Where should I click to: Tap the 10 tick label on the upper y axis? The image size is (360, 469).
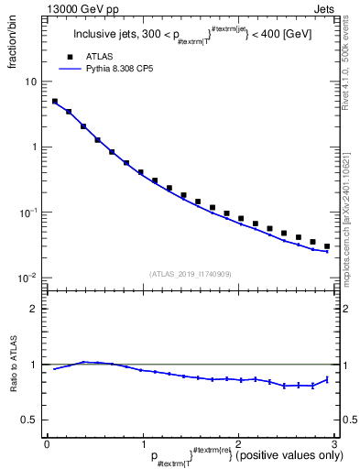tap(31, 82)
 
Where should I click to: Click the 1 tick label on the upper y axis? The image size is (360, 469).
tap(34, 147)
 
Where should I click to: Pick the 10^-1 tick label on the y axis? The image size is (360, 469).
tap(29, 213)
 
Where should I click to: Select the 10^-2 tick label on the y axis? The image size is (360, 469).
tap(29, 278)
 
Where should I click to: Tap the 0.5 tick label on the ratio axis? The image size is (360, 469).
tap(30, 420)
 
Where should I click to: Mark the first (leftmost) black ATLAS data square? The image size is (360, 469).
tap(55, 102)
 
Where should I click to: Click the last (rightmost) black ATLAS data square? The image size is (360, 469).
tap(327, 246)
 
